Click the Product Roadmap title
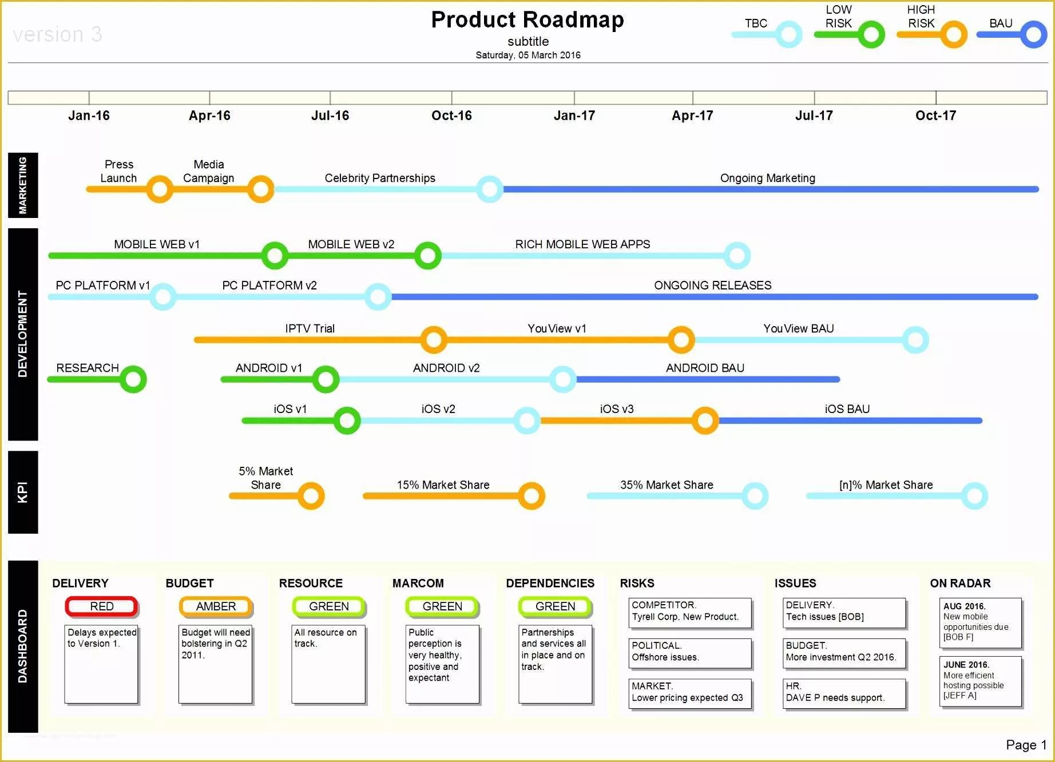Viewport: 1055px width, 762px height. point(527,20)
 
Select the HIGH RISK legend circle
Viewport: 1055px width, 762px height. point(953,34)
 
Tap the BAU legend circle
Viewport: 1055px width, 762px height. point(1033,34)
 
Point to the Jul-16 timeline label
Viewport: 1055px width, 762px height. point(330,116)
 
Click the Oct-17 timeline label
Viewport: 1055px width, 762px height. point(935,116)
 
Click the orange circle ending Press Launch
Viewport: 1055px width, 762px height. point(160,189)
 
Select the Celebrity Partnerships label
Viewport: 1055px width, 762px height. point(380,178)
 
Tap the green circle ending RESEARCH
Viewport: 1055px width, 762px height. point(133,379)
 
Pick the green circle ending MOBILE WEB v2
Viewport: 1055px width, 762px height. point(427,256)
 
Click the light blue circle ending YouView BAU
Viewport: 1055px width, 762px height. point(915,340)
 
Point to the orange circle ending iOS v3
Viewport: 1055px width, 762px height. point(705,420)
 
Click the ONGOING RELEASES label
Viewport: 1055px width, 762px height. point(712,285)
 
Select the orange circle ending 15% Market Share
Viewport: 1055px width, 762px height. point(532,496)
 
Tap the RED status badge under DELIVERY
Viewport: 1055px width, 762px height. point(102,606)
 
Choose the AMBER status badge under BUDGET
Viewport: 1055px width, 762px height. point(216,606)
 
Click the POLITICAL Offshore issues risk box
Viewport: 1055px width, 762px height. point(689,652)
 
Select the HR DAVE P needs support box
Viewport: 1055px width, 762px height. point(844,692)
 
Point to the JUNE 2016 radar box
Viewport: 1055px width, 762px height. point(980,681)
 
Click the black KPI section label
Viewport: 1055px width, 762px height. point(23,492)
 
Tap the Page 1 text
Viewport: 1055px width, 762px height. point(1026,745)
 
